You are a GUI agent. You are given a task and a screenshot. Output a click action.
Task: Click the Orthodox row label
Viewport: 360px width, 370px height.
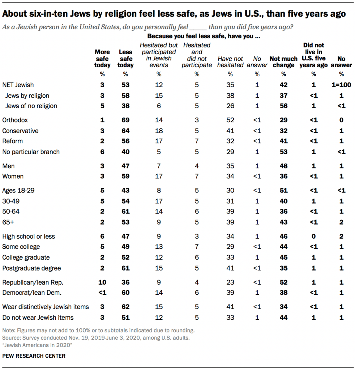(x=15, y=120)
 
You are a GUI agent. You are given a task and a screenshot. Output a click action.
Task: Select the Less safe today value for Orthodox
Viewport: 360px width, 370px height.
(x=125, y=120)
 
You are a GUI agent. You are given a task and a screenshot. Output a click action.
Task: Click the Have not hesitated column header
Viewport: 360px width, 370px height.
(x=230, y=62)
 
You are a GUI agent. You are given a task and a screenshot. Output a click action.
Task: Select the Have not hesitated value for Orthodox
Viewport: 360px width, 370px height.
(x=230, y=120)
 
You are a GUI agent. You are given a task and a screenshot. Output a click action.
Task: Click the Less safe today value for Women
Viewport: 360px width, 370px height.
(x=125, y=177)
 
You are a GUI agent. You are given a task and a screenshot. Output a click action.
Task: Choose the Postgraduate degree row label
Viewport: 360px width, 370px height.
(x=31, y=268)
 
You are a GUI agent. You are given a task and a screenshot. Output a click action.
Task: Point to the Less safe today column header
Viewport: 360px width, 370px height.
(x=125, y=59)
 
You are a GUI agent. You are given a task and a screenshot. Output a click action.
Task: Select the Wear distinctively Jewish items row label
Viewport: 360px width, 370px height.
(x=46, y=307)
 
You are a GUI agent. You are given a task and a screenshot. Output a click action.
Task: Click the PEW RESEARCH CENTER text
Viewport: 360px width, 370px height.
(x=34, y=356)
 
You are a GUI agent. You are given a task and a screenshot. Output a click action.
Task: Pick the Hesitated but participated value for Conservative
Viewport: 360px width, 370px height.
(x=159, y=131)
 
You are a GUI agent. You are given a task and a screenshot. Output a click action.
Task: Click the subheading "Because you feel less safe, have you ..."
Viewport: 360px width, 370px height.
(x=204, y=37)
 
